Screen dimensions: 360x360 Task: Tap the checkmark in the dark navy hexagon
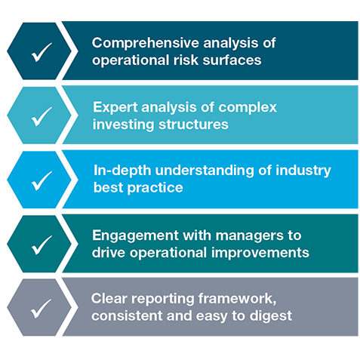[x=42, y=52]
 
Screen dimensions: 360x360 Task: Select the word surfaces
[x=232, y=60]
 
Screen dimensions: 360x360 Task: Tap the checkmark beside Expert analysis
[x=42, y=116]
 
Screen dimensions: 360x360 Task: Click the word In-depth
[x=122, y=171]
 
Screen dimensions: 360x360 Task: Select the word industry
[x=303, y=171]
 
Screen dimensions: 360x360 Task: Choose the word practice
[x=155, y=188]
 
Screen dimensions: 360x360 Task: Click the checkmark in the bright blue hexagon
[x=42, y=181]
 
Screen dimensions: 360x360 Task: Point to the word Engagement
[x=135, y=235]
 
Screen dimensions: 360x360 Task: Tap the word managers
[x=250, y=235]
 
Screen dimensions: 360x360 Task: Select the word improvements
[x=260, y=253]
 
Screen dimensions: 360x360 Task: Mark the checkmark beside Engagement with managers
[x=42, y=245]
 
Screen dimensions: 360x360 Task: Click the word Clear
[x=109, y=299]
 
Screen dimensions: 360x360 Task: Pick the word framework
[x=237, y=299]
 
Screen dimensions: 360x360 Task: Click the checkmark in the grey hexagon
[x=42, y=309]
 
